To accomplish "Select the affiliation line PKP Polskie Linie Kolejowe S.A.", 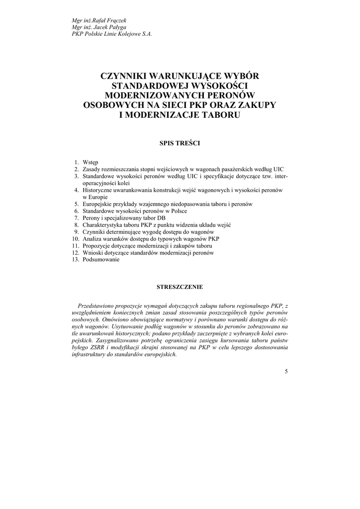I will [x=111, y=34].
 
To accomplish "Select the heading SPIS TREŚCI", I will [x=180, y=143].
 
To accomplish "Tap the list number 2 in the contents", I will [x=77, y=170].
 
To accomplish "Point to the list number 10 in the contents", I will [x=76, y=239].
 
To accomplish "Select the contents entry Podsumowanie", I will [x=101, y=260].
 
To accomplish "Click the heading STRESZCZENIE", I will [x=180, y=287].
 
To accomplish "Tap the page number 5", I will [x=286, y=371].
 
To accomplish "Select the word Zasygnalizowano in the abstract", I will [x=118, y=341].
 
